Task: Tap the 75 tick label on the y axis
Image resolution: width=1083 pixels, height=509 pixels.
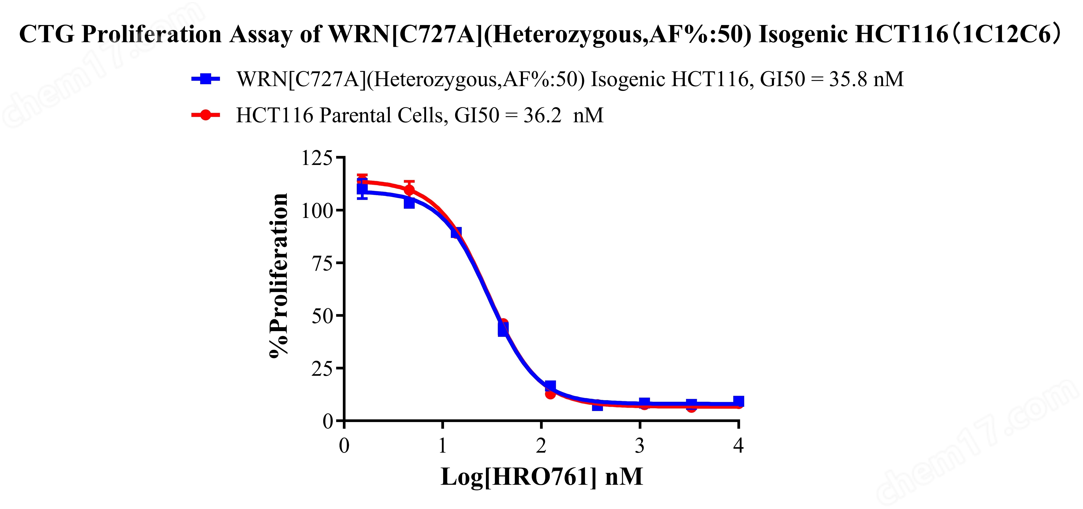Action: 322,263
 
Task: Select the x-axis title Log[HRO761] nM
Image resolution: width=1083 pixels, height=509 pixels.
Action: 541,477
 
